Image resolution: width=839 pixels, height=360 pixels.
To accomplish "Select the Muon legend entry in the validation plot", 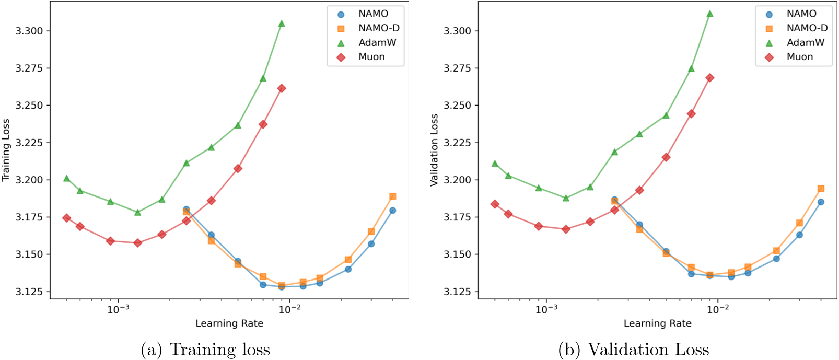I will (x=799, y=57).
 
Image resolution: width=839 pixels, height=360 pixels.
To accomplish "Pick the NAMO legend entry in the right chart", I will (x=801, y=14).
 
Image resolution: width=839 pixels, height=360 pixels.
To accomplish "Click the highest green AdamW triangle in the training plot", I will (x=282, y=24).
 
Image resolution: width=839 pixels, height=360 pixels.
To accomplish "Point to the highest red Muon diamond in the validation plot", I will (x=710, y=78).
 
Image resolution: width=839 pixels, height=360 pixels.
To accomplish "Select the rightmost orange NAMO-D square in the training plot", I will (x=393, y=196).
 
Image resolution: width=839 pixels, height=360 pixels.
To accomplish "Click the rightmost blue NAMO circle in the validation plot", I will (x=821, y=202).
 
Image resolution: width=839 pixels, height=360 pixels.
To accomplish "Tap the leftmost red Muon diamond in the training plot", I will (x=66, y=218).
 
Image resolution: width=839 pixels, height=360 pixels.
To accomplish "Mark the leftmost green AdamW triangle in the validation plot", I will (x=495, y=164).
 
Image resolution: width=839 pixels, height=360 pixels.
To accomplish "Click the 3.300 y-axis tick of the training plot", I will (x=29, y=31).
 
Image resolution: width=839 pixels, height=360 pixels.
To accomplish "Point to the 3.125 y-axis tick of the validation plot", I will (x=458, y=292).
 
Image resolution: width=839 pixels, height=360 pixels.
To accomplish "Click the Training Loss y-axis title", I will (x=6, y=150).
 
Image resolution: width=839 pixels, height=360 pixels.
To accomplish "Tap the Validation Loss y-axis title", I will (x=434, y=150).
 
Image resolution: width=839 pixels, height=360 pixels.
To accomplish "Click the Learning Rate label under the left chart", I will (x=229, y=323).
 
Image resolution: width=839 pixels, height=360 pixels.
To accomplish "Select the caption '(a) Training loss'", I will (x=205, y=350).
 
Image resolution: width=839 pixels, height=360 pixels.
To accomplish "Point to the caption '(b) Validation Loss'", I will (x=633, y=350).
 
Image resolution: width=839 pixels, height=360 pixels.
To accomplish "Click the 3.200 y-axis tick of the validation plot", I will (x=458, y=180).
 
